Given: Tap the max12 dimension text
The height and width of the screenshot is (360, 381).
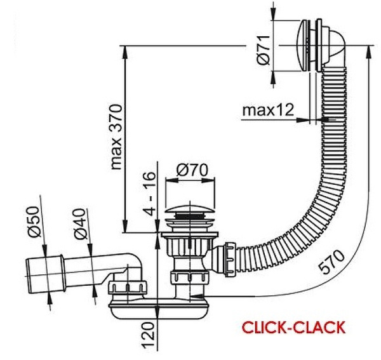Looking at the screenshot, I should [267, 110].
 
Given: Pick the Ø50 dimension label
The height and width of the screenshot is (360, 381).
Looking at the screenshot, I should [34, 222].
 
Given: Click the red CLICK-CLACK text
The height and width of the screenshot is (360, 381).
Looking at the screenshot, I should [293, 328].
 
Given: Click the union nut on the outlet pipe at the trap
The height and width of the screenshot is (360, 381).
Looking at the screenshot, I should [128, 288].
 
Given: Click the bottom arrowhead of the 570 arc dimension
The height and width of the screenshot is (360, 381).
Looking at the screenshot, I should [226, 297].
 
